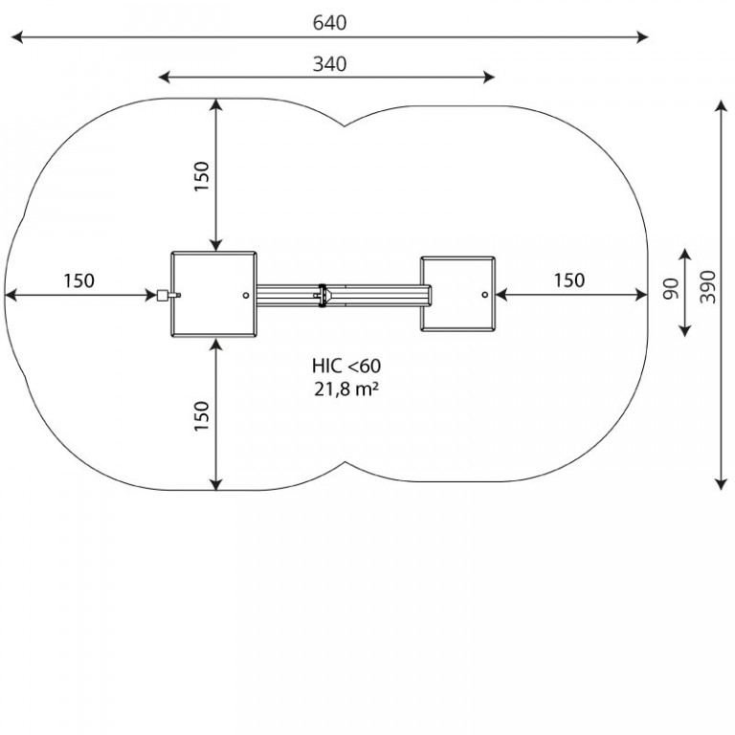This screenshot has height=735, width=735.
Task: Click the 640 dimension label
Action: [x=329, y=23]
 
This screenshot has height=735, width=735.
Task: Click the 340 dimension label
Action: [x=329, y=64]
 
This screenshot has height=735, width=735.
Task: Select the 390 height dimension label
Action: [x=708, y=287]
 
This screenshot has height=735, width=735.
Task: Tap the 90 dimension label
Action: [x=671, y=289]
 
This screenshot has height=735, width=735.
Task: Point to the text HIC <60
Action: [x=346, y=366]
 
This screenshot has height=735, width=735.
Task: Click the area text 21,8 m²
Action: [x=346, y=390]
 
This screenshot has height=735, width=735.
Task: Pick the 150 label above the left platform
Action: [x=202, y=176]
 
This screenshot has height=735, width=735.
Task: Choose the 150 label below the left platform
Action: [x=202, y=416]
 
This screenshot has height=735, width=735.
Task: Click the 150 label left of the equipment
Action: [x=78, y=280]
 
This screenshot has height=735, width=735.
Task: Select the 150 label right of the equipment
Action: [x=569, y=280]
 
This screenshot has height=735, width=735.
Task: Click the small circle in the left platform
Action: [x=246, y=296]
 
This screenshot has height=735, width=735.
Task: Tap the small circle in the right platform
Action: [x=485, y=295]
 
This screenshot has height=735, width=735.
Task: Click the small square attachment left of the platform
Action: [x=162, y=296]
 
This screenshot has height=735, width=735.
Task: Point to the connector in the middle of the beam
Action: [x=322, y=296]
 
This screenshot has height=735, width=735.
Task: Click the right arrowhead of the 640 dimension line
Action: [x=643, y=37]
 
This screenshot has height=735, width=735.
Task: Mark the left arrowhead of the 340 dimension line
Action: [x=164, y=78]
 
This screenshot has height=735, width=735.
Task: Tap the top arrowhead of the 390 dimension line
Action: [x=721, y=105]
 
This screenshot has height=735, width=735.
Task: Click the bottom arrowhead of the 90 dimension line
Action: [x=685, y=331]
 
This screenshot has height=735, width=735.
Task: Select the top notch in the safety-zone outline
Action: [x=345, y=126]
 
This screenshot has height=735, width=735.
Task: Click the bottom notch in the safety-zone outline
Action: [x=345, y=462]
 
